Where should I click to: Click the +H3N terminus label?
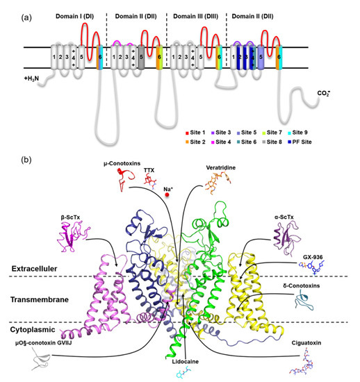click(x=33, y=79)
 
